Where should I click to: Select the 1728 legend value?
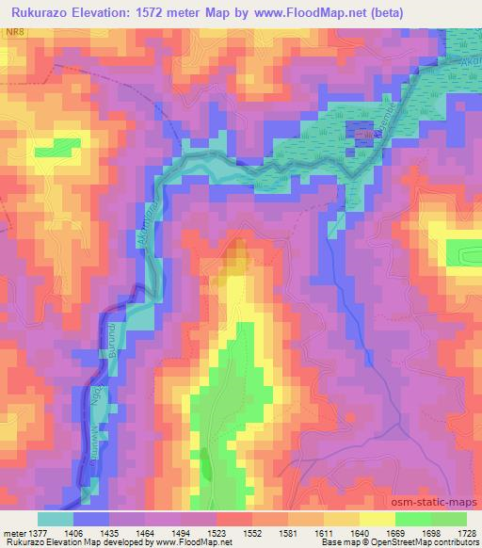point(466,532)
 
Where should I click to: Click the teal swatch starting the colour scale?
point(56,519)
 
